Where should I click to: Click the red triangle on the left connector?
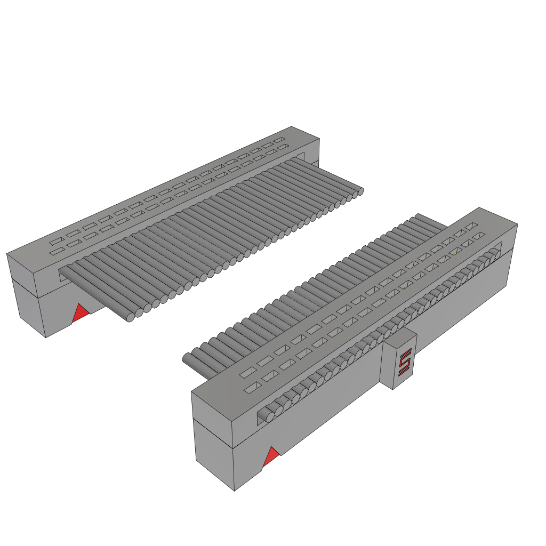(80, 314)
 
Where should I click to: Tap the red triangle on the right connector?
(271, 457)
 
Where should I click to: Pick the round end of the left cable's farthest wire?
(360, 190)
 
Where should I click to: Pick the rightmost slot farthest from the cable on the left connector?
(279, 140)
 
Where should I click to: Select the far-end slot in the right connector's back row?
(470, 227)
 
